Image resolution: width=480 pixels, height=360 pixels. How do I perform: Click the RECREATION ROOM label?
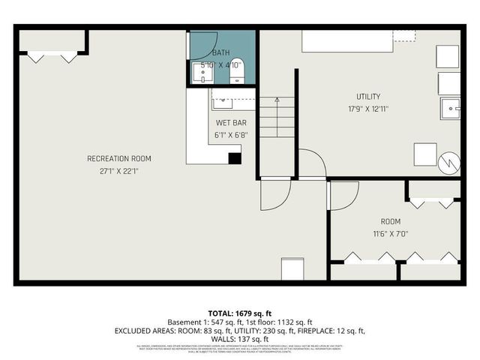click(x=119, y=158)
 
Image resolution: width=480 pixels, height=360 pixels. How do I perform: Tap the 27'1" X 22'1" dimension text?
click(x=119, y=171)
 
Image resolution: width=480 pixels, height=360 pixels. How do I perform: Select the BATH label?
click(x=221, y=52)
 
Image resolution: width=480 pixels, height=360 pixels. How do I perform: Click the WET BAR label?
click(x=231, y=122)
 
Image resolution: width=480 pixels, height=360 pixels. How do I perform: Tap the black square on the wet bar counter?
click(x=235, y=157)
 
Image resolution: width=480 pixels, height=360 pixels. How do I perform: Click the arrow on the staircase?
click(x=277, y=99)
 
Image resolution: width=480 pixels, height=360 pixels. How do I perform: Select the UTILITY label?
click(x=368, y=96)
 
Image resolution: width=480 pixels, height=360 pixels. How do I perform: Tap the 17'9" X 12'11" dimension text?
click(x=368, y=109)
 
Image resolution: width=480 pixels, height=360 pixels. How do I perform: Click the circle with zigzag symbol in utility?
click(x=448, y=160)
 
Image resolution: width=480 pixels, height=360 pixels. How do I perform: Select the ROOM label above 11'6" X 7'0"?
click(x=390, y=221)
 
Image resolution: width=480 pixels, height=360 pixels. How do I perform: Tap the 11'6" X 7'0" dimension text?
click(x=390, y=233)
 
